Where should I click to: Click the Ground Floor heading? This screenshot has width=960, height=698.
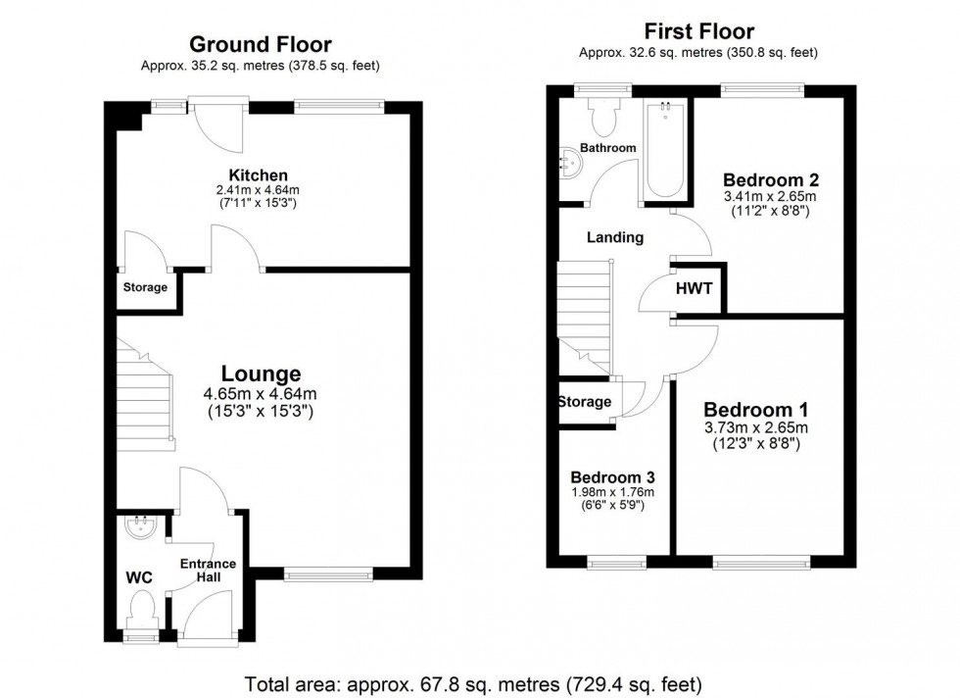click(260, 44)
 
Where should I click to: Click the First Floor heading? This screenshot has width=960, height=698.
click(697, 30)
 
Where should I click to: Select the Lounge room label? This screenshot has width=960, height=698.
click(261, 374)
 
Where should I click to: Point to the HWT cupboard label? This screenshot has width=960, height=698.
click(694, 289)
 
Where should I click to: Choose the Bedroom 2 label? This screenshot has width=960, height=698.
click(771, 180)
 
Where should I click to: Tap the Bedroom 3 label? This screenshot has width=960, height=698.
click(612, 476)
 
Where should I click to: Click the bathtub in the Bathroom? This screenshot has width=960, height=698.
click(666, 148)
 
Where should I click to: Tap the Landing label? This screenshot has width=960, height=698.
click(614, 237)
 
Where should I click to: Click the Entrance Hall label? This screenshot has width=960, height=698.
click(207, 570)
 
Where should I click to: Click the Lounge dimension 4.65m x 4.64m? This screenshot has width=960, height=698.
click(261, 394)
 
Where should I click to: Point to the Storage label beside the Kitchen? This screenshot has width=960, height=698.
click(145, 287)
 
